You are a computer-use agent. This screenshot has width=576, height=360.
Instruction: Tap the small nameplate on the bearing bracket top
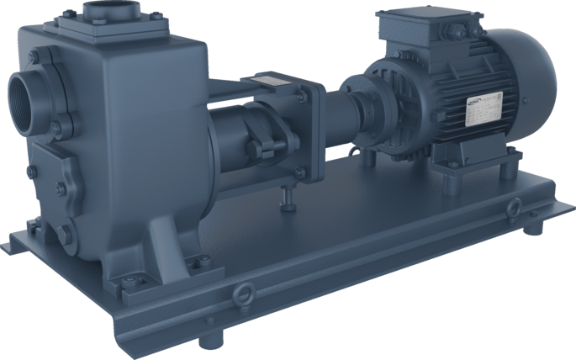(273, 82)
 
